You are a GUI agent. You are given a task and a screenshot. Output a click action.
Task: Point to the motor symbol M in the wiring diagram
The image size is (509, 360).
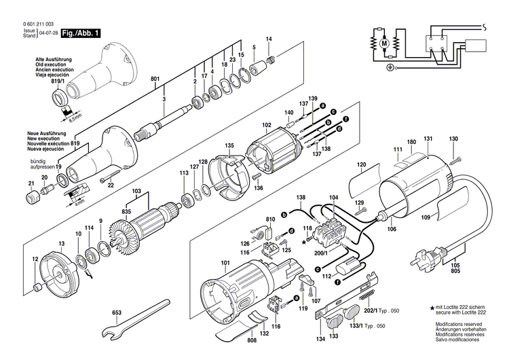[x=384, y=43]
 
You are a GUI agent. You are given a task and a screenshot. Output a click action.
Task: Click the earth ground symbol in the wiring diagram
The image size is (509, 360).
[x=390, y=67]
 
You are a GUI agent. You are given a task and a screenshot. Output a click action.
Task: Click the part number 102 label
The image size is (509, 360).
[x=267, y=124]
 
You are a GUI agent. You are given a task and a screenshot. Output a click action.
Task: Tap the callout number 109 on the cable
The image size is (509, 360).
[x=426, y=219]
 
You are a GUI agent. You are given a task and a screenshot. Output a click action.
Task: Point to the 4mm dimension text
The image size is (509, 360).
[x=79, y=202]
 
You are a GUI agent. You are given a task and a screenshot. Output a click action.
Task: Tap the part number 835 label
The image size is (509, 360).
[x=126, y=211]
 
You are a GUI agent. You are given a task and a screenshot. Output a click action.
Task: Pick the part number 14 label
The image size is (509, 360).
[x=269, y=39]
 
